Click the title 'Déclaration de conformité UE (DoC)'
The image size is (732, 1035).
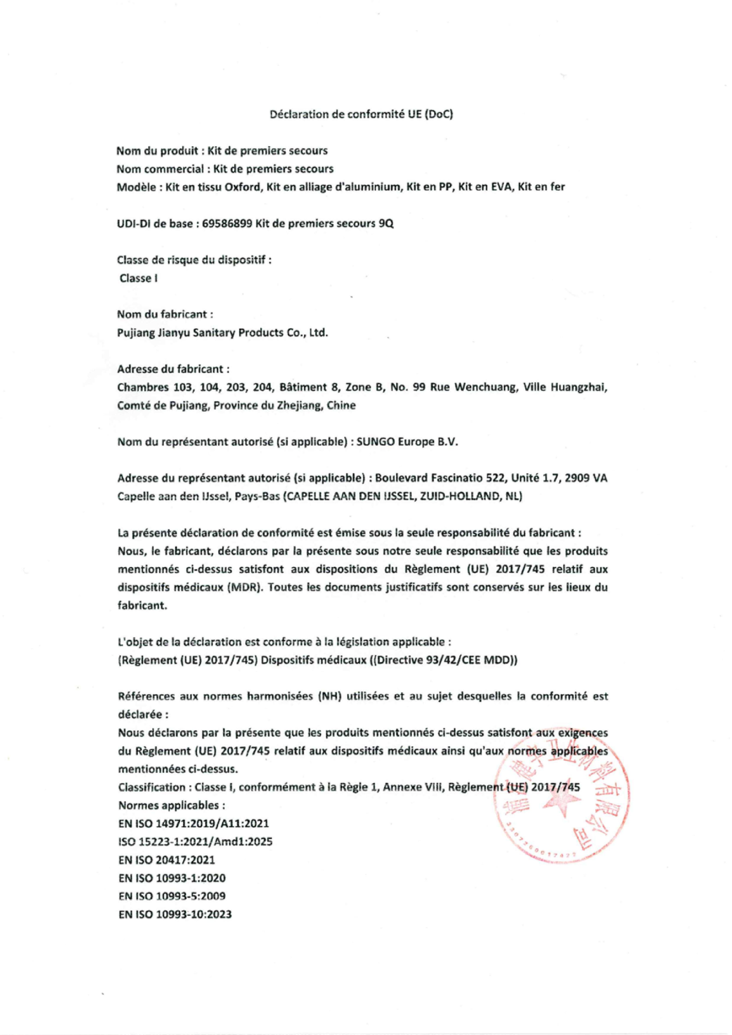(361, 114)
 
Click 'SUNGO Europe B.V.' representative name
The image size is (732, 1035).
(407, 442)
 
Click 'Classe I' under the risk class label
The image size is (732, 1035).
(138, 278)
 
